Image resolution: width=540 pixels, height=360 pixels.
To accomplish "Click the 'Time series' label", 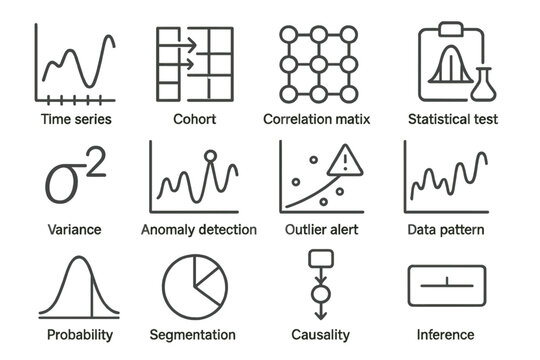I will [75, 120].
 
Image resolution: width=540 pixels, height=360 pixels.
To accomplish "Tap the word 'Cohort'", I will [194, 120].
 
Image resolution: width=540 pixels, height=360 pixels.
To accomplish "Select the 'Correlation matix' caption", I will [317, 120].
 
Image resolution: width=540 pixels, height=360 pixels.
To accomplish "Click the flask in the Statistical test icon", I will [486, 83].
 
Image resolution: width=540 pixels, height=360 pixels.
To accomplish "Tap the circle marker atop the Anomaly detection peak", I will [210, 155].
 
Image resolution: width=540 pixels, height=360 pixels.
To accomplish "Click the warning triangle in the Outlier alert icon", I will [346, 159].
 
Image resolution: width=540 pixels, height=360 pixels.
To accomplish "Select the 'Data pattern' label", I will [446, 230].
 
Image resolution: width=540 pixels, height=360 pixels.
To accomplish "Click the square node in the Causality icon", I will [319, 260].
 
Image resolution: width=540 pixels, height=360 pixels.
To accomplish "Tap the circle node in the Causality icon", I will [319, 295].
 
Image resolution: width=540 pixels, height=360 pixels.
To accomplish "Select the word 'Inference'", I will [446, 335].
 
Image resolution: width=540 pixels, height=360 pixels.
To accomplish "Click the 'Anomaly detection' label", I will [199, 230].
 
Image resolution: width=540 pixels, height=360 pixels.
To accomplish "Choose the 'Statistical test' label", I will [452, 120].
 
